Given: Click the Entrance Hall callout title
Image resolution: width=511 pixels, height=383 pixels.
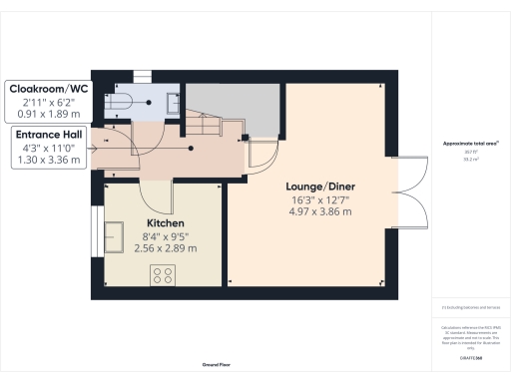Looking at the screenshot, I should [x=48, y=133].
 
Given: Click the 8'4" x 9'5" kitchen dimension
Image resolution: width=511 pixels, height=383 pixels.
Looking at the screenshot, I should [x=165, y=235].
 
